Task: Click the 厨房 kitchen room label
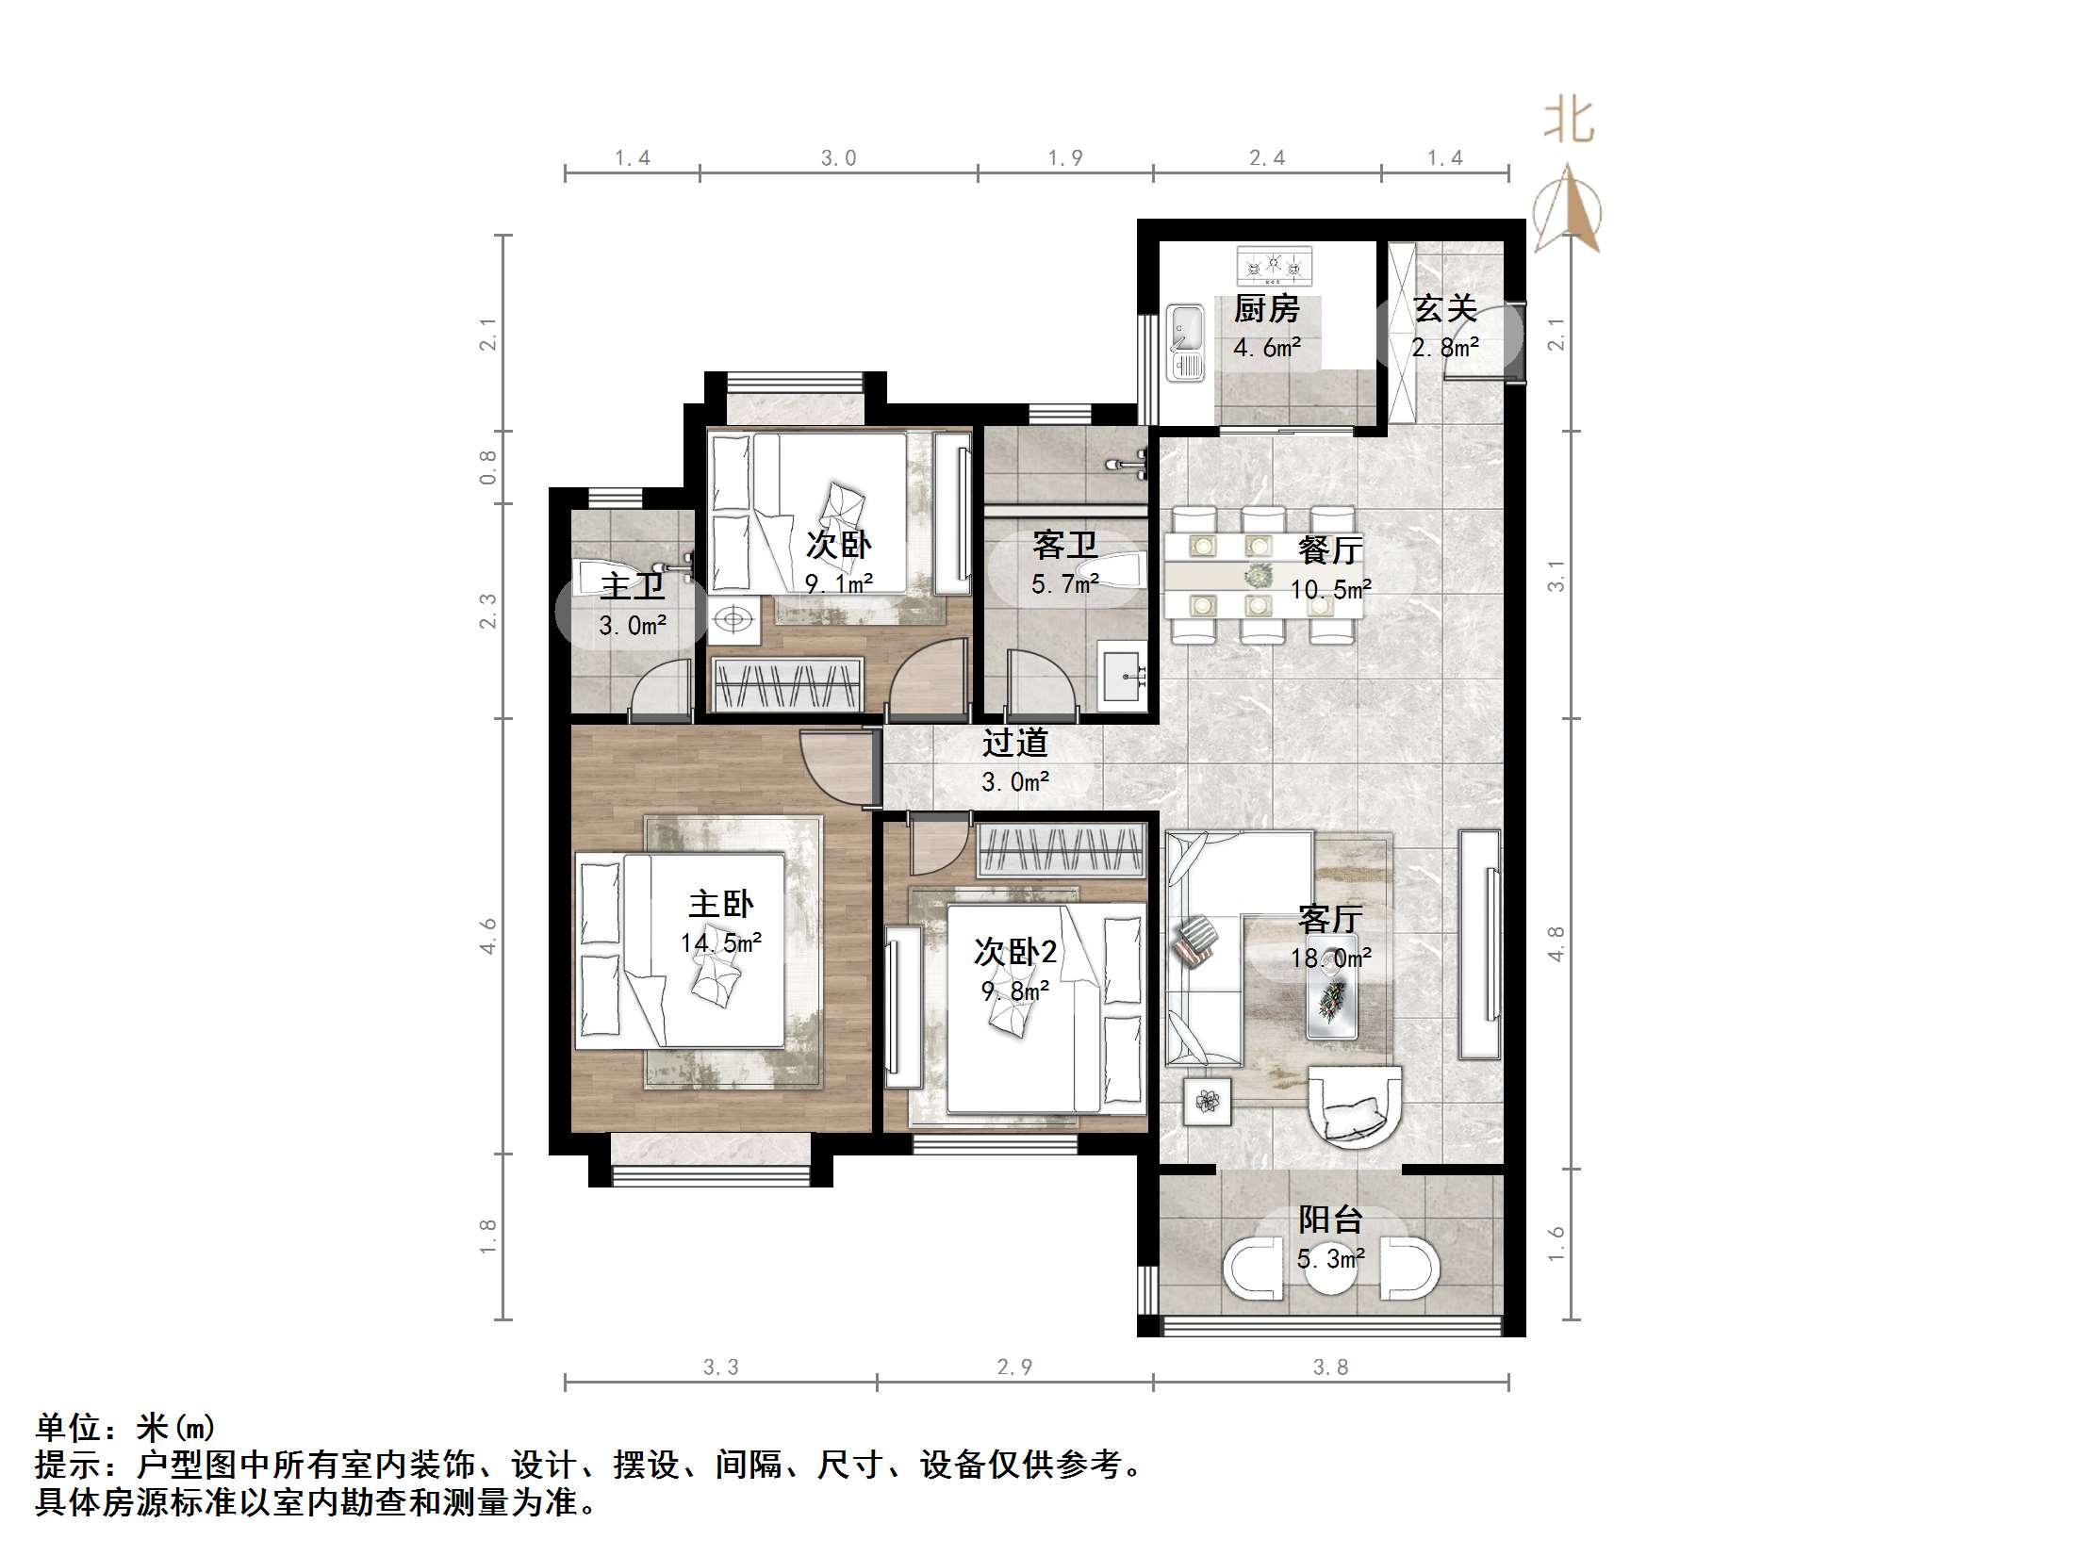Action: pos(1266,309)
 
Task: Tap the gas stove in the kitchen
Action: pos(1274,265)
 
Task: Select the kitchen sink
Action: pos(1184,342)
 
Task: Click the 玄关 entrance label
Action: pos(1444,309)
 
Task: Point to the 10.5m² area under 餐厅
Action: pos(1329,590)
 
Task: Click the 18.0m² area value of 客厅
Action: pos(1329,958)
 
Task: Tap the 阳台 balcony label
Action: pos(1330,1220)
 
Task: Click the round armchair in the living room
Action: pos(1355,1105)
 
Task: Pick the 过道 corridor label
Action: pos(1014,743)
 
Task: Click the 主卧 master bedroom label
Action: pos(720,905)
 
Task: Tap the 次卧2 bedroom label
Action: pos(1014,953)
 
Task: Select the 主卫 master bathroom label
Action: pos(633,587)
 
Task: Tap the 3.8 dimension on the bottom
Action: pos(1330,1367)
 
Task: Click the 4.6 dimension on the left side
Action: pos(487,936)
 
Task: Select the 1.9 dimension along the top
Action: pos(1065,158)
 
